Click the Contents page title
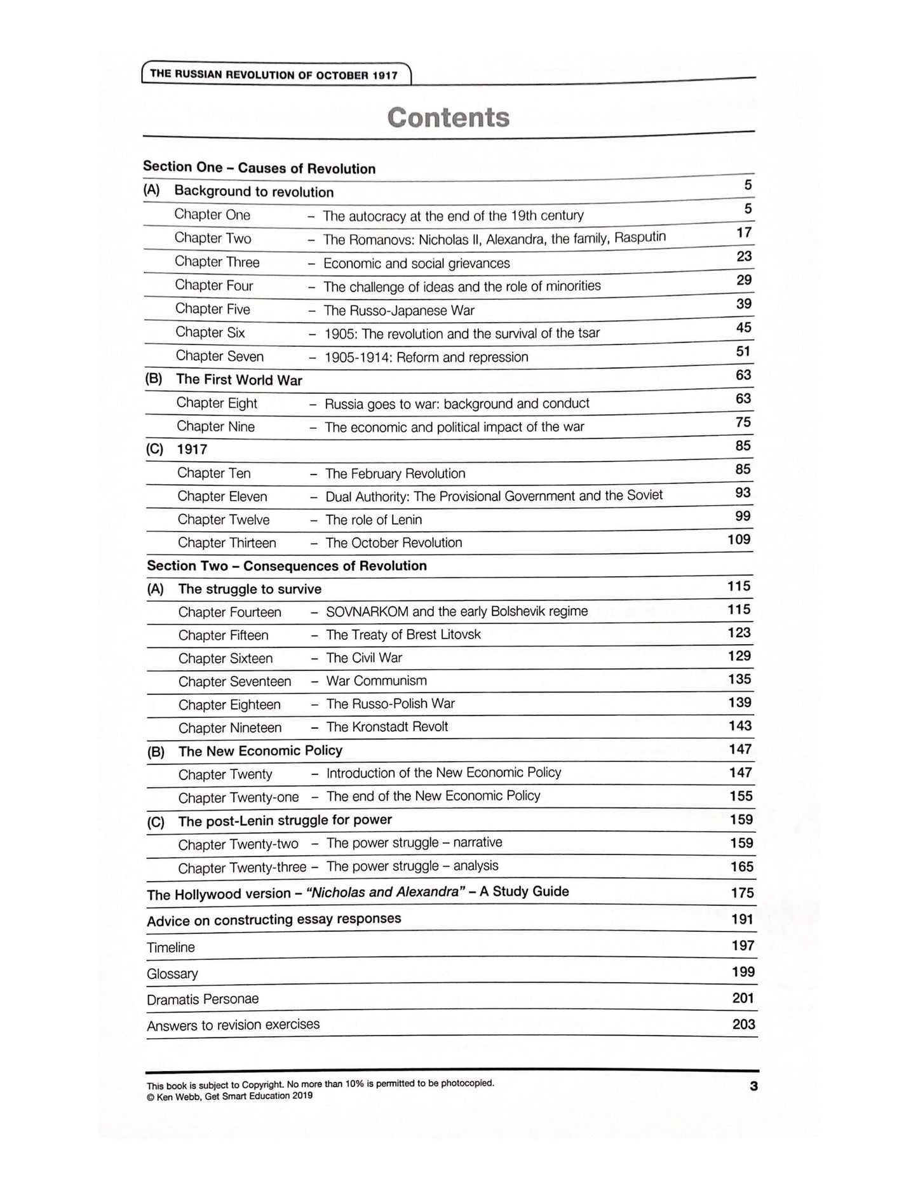point(448,118)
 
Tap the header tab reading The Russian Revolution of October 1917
point(274,74)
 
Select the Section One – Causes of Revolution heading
point(259,168)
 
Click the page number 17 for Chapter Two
point(744,233)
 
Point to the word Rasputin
point(640,237)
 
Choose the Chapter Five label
point(213,309)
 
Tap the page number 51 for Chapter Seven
point(743,351)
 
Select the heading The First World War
point(239,380)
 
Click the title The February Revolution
point(395,473)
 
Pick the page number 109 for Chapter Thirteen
point(739,539)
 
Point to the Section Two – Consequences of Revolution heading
point(287,565)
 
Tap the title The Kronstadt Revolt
point(387,727)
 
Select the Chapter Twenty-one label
point(238,797)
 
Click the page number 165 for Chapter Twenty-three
point(741,867)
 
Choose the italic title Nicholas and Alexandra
point(382,892)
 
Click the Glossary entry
point(172,973)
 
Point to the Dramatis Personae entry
point(203,999)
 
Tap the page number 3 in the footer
point(753,1086)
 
